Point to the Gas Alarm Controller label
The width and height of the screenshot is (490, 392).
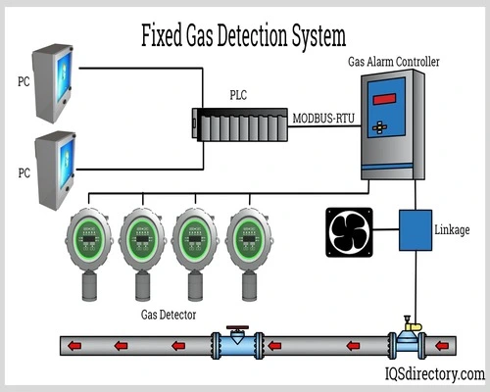pyautogui.click(x=394, y=61)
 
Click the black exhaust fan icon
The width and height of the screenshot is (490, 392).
pyautogui.click(x=349, y=232)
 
